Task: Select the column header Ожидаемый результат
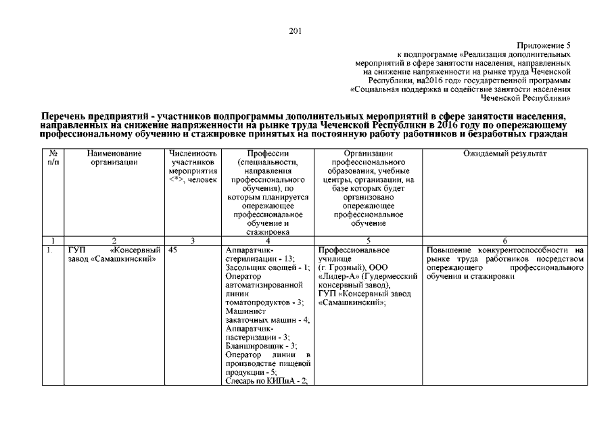click(x=504, y=154)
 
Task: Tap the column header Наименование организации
click(x=114, y=158)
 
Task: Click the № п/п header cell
click(x=53, y=158)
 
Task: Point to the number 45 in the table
click(x=174, y=250)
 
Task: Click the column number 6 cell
click(x=504, y=240)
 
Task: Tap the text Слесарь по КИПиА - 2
click(x=266, y=381)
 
